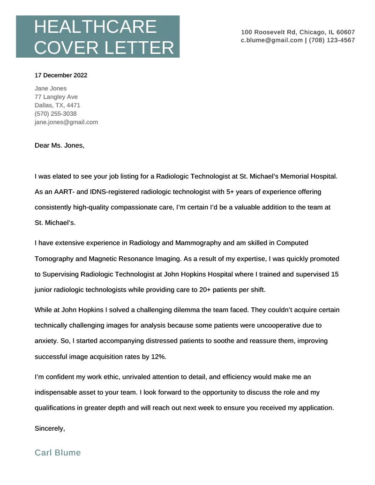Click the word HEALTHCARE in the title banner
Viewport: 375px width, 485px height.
click(95, 27)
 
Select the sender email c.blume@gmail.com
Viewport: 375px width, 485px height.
click(272, 40)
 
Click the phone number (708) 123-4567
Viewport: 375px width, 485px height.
click(332, 40)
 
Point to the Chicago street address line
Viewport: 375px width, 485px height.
click(298, 32)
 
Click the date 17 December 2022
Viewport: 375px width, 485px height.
click(61, 75)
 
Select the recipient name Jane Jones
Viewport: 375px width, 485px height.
click(51, 88)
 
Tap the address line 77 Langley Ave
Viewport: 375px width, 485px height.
click(56, 97)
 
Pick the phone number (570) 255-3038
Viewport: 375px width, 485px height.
click(56, 113)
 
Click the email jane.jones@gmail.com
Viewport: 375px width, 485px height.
click(66, 122)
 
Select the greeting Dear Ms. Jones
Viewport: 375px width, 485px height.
click(60, 145)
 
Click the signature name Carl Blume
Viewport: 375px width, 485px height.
click(58, 453)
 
